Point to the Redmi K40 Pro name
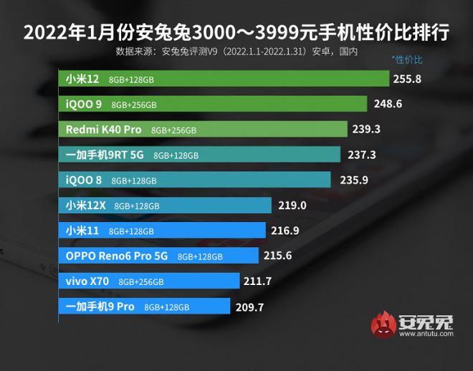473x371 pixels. point(103,130)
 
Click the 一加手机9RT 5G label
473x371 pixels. point(105,155)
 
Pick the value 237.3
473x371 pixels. point(361,155)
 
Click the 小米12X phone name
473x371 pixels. point(86,206)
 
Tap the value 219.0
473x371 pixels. point(292,206)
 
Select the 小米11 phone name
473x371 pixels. point(83,231)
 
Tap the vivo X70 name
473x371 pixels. point(87,281)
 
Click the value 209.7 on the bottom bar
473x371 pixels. point(250,307)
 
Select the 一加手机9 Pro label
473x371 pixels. point(100,307)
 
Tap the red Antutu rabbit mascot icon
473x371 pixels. point(383,327)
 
